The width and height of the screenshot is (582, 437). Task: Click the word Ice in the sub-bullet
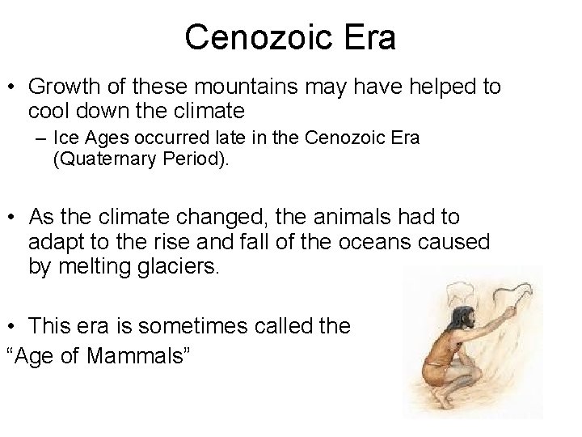point(65,138)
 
